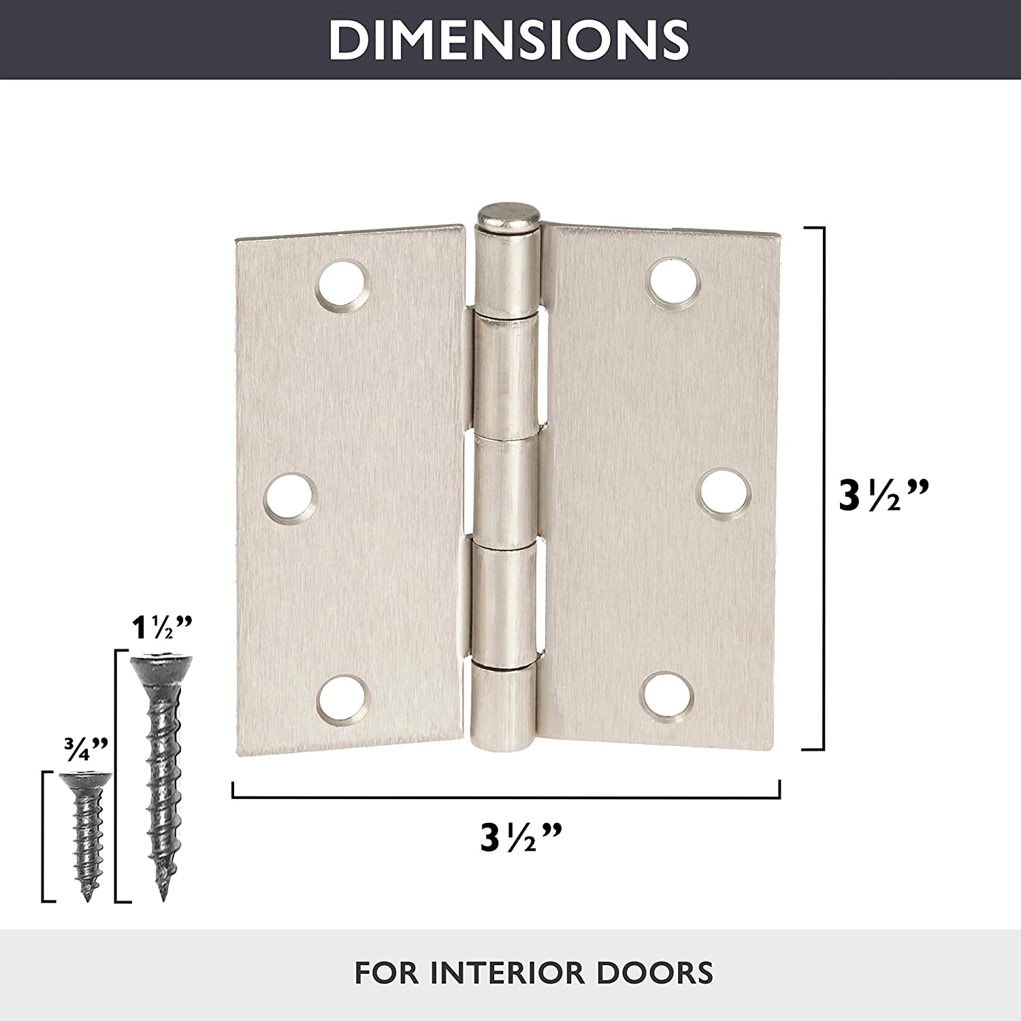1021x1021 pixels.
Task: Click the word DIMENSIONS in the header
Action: point(509,39)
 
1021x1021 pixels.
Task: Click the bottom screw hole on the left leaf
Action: point(343,701)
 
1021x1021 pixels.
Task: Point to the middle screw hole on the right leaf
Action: point(726,491)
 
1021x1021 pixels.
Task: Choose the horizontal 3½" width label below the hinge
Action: point(521,837)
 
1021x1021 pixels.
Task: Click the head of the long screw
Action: point(163,664)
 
